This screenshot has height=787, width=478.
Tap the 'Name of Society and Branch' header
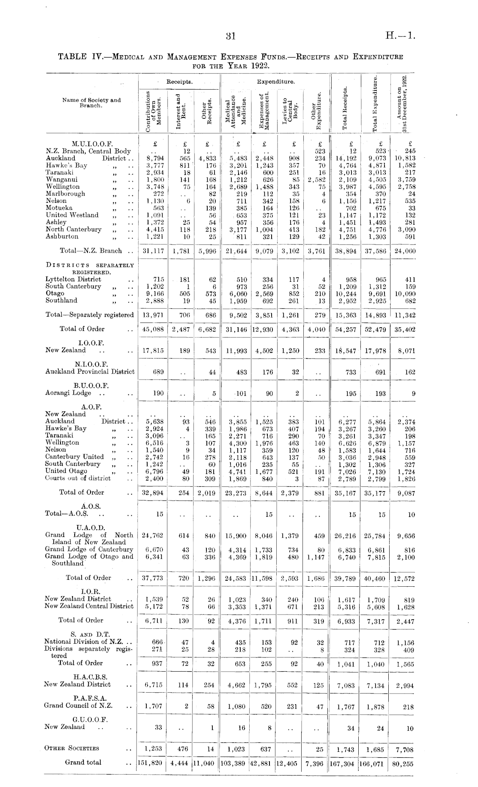pyautogui.click(x=91, y=103)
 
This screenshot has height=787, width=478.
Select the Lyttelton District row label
pyautogui.click(x=73, y=279)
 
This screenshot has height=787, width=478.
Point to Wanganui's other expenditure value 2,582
pyautogui.click(x=317, y=180)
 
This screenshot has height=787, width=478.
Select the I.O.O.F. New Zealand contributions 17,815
pyautogui.click(x=153, y=350)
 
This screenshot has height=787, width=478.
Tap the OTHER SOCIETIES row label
pyautogui.click(x=72, y=748)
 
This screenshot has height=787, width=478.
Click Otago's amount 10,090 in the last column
pyautogui.click(x=404, y=294)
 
